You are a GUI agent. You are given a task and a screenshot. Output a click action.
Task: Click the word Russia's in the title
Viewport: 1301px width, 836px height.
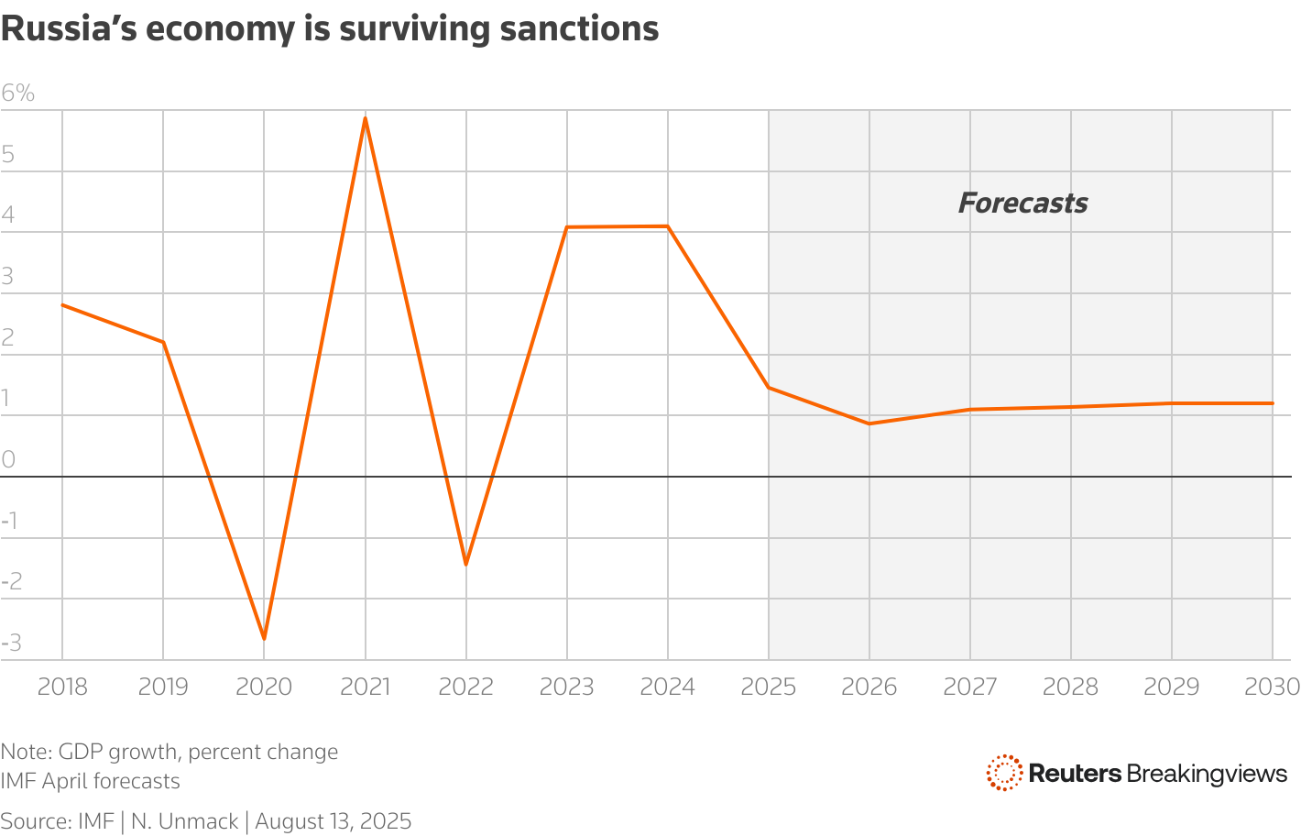70,29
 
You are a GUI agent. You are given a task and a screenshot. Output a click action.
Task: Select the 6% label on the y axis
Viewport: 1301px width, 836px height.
18,93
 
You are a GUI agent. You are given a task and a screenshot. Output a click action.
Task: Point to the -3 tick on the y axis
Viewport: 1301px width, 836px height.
11,643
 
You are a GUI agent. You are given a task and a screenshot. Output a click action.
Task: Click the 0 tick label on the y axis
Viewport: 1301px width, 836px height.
9,459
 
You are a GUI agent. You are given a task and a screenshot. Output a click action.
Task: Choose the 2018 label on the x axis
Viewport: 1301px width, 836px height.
62,687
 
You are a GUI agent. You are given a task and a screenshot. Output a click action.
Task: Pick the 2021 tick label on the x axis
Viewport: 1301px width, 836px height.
365,687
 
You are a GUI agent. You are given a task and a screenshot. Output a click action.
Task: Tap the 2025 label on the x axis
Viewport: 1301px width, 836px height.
768,687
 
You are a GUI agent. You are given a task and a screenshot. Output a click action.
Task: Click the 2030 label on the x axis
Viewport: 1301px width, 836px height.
1272,687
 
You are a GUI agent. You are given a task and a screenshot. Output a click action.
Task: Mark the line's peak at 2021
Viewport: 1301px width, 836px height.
366,118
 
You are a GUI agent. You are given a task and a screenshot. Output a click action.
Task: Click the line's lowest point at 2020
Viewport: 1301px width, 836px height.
264,638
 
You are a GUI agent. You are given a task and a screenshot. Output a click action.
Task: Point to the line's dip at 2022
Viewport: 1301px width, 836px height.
465,564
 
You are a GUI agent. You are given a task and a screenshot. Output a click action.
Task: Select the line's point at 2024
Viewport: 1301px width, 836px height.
668,226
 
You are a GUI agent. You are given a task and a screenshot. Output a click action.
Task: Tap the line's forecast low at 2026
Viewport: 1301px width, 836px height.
869,423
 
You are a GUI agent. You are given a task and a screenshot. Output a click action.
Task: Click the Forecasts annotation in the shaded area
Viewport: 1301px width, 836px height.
1022,203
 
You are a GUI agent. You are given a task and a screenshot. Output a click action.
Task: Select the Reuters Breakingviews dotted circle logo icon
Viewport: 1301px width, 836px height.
1004,773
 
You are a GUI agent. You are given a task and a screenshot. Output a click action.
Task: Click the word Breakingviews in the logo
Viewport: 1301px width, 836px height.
1207,774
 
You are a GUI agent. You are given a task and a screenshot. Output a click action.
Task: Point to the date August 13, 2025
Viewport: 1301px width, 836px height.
333,821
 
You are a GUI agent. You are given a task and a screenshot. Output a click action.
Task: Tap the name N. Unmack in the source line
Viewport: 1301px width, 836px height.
184,821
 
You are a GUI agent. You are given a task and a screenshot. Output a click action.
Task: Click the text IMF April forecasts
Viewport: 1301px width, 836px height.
90,781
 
